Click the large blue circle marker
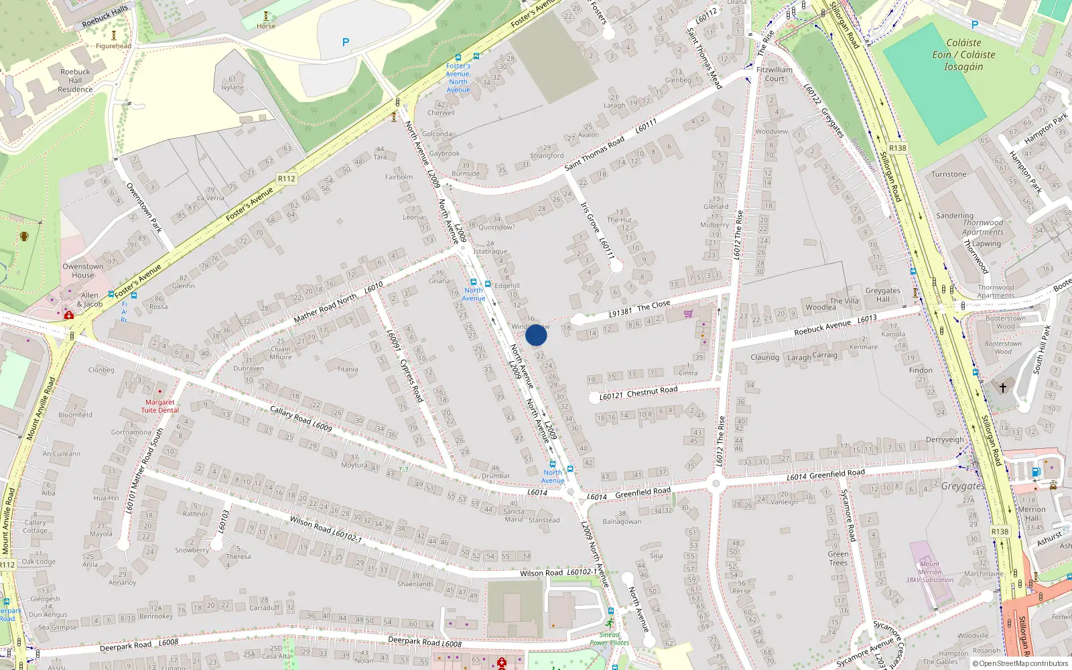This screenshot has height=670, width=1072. tap(536, 335)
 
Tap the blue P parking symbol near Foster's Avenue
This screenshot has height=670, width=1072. tap(346, 42)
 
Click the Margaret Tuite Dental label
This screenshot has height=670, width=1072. tap(159, 406)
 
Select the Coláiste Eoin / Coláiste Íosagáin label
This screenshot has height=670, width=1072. tap(963, 54)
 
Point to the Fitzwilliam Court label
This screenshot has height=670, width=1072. tap(774, 74)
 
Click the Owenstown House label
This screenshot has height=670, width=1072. tap(83, 271)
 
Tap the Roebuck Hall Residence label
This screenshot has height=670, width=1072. tap(75, 80)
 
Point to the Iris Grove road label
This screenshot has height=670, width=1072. tap(590, 218)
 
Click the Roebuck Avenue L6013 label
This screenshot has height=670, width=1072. tap(835, 325)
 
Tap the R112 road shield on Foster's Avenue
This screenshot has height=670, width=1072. tap(286, 178)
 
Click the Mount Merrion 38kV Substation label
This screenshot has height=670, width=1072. tap(929, 572)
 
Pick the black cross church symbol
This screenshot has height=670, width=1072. tap(1003, 387)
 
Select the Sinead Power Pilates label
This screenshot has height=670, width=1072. tap(609, 639)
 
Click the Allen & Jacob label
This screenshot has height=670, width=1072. tap(91, 299)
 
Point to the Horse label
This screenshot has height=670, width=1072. tap(266, 26)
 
